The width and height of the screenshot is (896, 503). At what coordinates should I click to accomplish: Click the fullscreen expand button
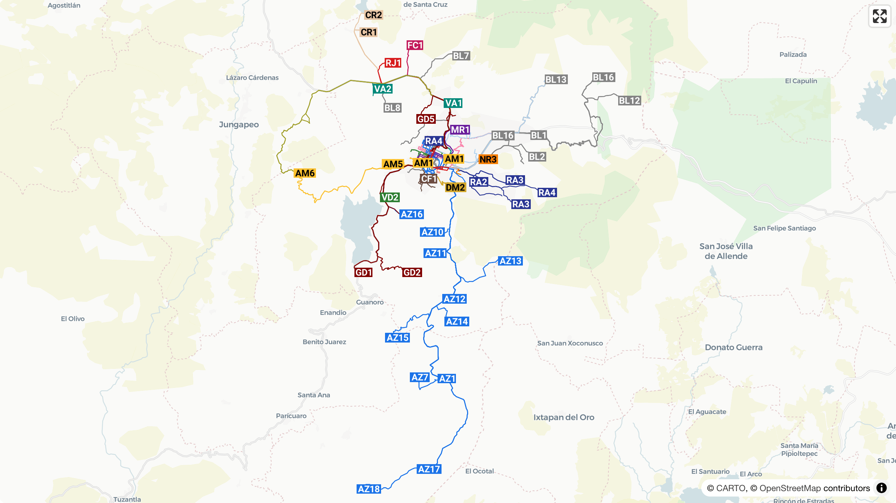coord(879,16)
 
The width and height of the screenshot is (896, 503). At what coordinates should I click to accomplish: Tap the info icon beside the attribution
coord(881,488)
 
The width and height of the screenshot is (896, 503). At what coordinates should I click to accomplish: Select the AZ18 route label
coord(369,489)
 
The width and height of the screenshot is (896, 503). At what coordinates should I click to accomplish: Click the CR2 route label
coord(373,15)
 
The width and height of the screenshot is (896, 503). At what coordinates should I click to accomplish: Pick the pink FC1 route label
coord(415,45)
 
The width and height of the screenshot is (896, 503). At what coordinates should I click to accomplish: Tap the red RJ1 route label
coord(393,63)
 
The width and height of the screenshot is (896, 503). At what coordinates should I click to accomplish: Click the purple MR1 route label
coord(460,130)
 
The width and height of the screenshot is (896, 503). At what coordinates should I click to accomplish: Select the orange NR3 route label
coord(488,159)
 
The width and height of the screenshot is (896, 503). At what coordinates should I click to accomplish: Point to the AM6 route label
coord(305,173)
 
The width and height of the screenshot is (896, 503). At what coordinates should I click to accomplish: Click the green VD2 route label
coord(390,198)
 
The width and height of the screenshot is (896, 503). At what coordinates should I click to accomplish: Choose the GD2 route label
coord(412,272)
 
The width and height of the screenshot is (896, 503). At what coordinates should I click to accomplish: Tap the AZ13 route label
coord(510,261)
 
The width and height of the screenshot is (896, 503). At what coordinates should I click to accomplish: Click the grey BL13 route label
coord(556,80)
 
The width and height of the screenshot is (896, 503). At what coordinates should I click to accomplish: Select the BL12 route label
coord(629,101)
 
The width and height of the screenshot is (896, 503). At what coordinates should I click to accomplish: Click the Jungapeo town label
coord(239,124)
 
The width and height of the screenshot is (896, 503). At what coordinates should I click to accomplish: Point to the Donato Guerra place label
coord(733,347)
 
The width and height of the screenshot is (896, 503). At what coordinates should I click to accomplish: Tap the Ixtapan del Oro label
coord(564,417)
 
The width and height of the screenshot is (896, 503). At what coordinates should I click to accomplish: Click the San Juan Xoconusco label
coord(570,343)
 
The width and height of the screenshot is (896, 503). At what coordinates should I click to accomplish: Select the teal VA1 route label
coord(453,103)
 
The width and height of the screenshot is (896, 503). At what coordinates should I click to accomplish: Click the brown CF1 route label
coord(429,179)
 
